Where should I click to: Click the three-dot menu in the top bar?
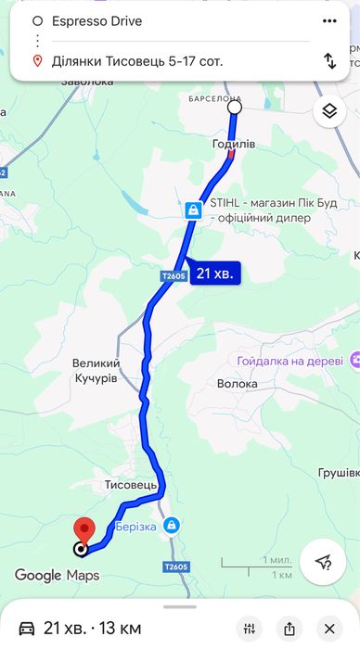click(329, 19)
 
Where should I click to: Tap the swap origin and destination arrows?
click(329, 61)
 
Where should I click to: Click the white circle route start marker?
click(235, 108)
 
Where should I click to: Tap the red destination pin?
click(84, 531)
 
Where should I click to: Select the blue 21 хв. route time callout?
click(216, 274)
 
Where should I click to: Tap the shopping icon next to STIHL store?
click(192, 210)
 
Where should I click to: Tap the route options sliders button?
click(248, 628)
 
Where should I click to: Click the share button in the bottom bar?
click(289, 628)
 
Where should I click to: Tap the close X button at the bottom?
click(330, 628)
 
